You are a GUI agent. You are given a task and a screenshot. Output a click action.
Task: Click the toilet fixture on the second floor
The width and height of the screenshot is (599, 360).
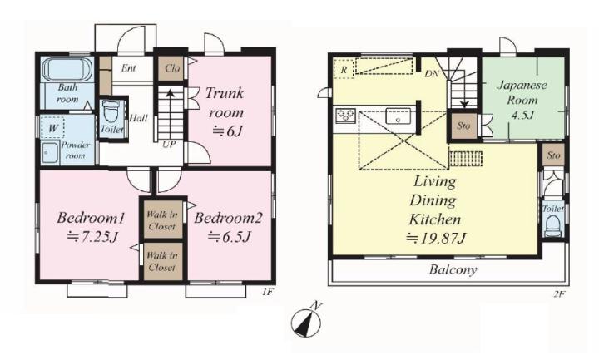552,226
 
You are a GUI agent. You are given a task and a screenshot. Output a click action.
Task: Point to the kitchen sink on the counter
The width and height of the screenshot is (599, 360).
398,116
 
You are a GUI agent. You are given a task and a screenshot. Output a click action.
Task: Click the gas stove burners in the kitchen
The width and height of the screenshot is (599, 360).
346,116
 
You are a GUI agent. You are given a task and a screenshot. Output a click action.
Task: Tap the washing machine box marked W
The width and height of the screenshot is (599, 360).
52,128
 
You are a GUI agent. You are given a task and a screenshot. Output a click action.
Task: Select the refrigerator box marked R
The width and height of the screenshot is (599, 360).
344,69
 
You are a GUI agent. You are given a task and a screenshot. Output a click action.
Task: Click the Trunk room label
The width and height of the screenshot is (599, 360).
225,103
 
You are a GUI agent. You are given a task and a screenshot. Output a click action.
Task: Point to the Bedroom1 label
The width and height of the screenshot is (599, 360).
91,219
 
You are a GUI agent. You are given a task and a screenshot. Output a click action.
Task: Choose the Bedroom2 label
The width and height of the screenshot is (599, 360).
228,219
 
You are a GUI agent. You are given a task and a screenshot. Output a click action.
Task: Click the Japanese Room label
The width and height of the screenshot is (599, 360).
522,92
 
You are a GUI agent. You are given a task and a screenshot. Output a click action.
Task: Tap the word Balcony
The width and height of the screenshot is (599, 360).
453,270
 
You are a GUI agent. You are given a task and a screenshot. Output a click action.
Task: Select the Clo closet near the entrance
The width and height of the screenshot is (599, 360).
171,69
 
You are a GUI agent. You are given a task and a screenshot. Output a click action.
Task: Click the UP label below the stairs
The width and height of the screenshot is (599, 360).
169,145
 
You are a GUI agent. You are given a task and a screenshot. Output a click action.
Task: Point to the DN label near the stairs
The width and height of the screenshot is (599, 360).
432,74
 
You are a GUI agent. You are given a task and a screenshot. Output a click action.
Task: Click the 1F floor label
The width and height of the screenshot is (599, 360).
267,293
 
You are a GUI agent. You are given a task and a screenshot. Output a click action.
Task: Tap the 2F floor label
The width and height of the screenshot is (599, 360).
560,293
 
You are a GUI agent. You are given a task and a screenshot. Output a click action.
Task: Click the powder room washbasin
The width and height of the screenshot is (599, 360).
50,152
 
